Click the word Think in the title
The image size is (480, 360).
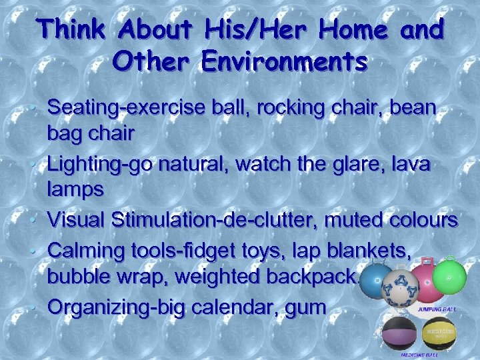click(x=70, y=30)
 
